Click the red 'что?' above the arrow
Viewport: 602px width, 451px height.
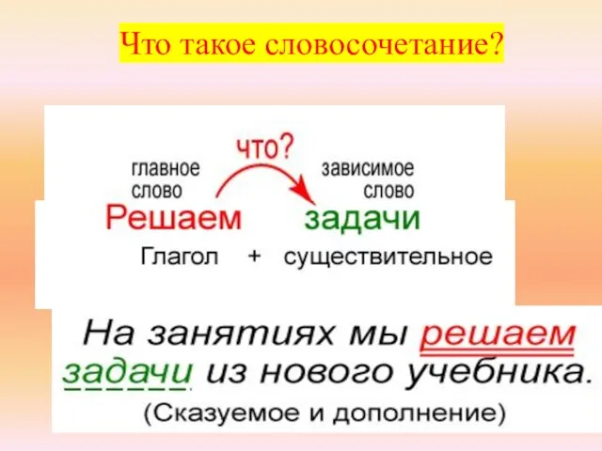[x=264, y=148]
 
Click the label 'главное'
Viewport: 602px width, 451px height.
[x=165, y=170]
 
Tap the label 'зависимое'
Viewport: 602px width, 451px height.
[x=368, y=170]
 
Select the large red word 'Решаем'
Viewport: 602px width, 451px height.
[x=173, y=220]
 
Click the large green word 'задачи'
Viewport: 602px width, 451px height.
[x=363, y=220]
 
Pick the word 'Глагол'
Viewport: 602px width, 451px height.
[x=178, y=257]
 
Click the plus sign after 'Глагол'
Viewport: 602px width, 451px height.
[x=253, y=257]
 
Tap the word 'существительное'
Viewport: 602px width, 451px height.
[x=387, y=257]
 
